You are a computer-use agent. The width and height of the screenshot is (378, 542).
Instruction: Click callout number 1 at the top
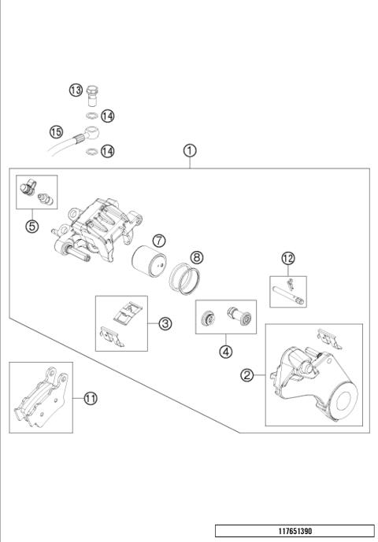pos(190,149)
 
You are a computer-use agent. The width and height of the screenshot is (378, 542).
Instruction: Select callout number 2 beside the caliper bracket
pos(247,375)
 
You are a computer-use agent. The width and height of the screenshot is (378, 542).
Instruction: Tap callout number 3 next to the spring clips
pos(165,323)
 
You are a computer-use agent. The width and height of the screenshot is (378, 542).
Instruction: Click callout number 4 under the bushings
pos(227,352)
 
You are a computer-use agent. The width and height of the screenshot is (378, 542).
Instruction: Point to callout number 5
pos(31,227)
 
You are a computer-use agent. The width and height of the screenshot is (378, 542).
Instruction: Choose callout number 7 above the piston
pos(158,240)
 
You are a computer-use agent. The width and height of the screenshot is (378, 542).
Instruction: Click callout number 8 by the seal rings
pos(196,256)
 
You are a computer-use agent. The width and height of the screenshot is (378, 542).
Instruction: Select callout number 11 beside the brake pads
pos(91,399)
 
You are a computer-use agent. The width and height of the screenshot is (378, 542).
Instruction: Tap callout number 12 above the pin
pos(289,258)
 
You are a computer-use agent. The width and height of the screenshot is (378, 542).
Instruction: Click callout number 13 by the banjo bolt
pos(76,91)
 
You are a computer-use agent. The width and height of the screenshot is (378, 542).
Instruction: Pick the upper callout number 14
pos(108,116)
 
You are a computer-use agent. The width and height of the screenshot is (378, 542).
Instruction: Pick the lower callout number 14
pos(108,150)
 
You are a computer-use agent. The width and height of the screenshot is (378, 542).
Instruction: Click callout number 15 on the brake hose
pos(56,131)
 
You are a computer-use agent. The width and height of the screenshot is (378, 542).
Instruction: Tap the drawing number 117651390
pos(295,531)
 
